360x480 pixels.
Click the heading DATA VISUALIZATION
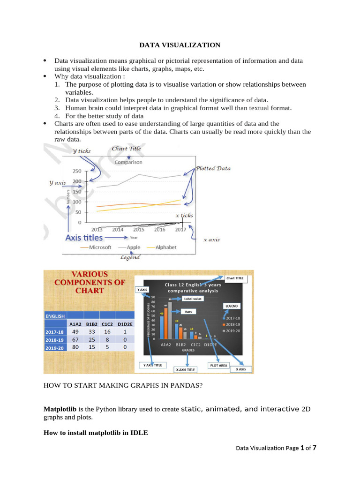tap(180, 45)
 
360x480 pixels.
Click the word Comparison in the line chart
tap(128, 162)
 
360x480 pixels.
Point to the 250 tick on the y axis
tap(76, 171)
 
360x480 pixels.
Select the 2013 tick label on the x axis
tap(97, 230)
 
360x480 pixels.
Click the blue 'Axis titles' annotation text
tap(84, 238)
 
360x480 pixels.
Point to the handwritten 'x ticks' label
tap(184, 215)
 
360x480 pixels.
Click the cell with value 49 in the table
tap(75, 331)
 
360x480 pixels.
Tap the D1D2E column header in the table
tap(125, 323)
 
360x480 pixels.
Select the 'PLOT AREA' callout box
tap(218, 365)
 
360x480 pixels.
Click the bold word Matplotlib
tap(60, 409)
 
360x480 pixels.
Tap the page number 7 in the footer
tap(314, 448)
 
